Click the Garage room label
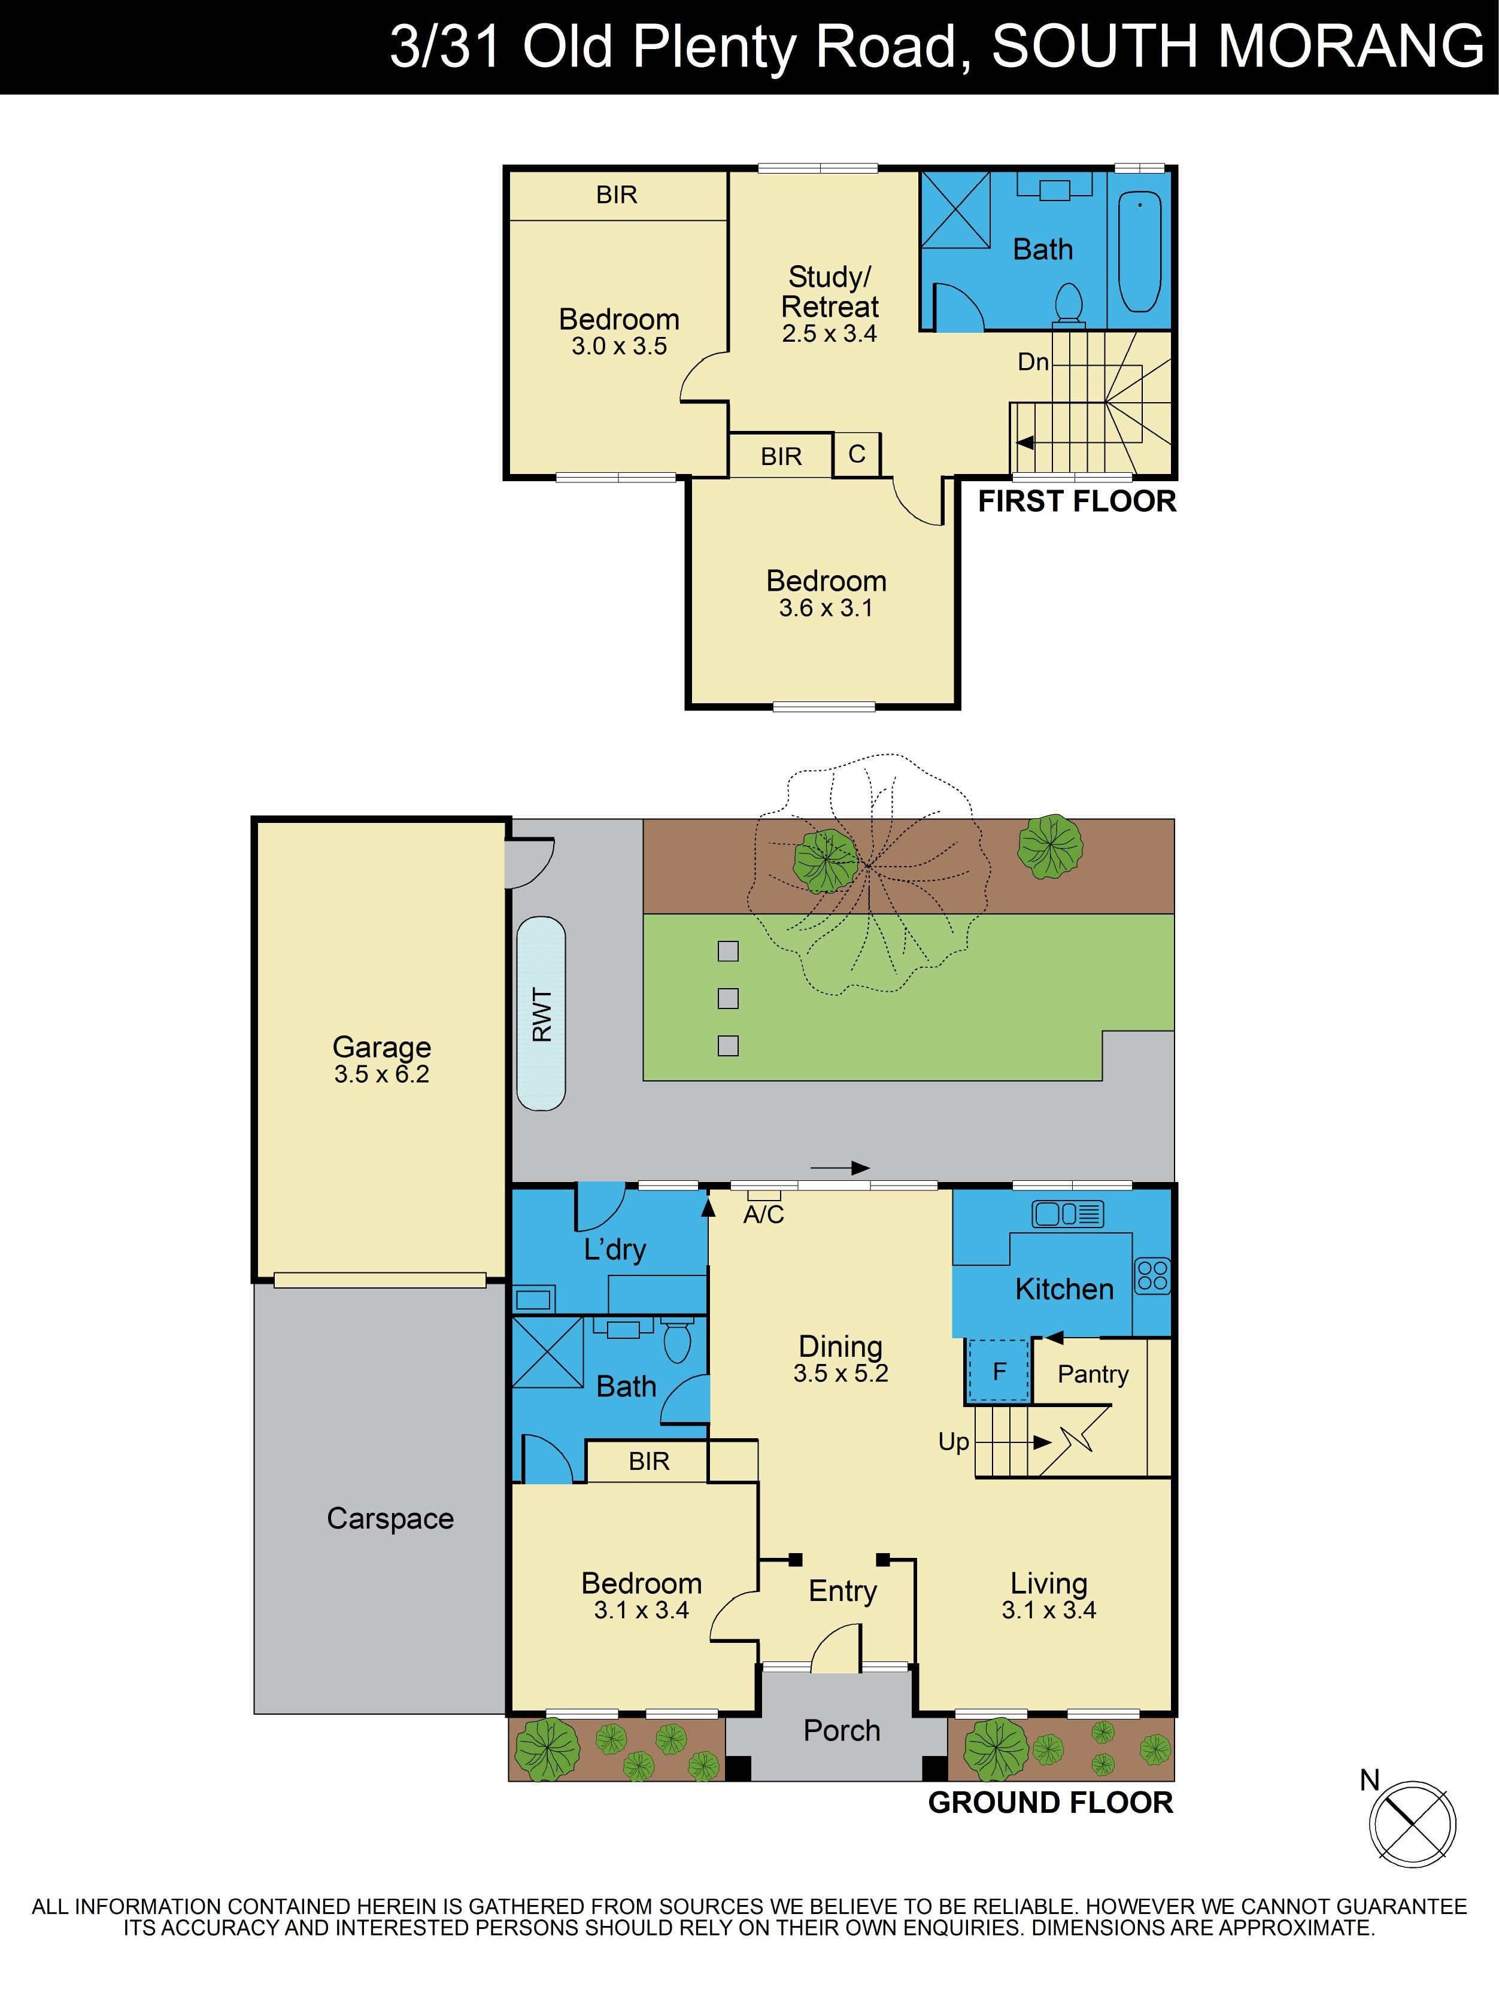382,1047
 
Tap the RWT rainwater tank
541,1013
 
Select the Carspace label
390,1518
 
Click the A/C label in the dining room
763,1214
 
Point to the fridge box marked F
998,1371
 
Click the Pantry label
1093,1374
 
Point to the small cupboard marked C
857,454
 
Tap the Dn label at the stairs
1033,362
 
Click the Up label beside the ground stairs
954,1441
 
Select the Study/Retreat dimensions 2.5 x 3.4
829,334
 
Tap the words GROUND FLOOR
1051,1802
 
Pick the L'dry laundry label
615,1249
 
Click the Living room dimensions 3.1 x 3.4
1049,1610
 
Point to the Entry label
842,1591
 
